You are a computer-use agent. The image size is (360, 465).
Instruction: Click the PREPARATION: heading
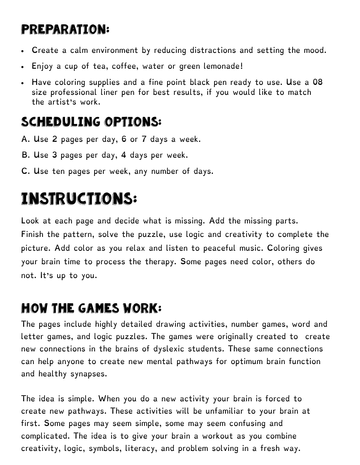[x=65, y=30]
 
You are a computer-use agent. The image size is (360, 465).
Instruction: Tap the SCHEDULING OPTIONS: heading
[x=91, y=122]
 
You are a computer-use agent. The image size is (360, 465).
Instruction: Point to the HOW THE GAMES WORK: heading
[x=91, y=308]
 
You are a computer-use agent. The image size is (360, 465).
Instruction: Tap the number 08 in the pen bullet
[x=317, y=82]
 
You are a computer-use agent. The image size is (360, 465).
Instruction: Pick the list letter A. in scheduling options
[x=26, y=139]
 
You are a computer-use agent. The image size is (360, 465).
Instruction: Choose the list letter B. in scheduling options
[x=26, y=155]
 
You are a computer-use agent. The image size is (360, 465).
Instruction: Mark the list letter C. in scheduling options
[x=26, y=171]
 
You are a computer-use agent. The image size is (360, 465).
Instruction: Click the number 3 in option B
[x=54, y=155]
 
